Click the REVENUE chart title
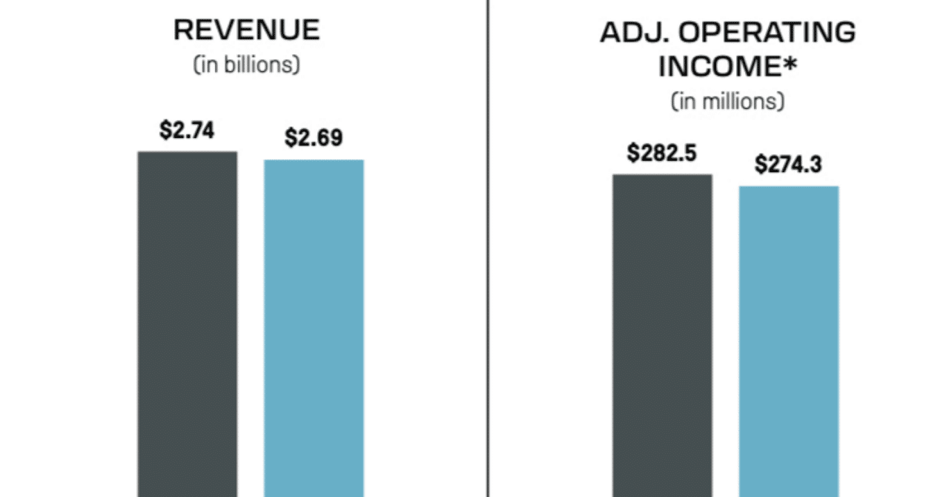pos(246,30)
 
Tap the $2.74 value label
pos(187,131)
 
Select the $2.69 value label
pos(314,138)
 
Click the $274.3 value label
pos(788,164)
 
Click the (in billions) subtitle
pos(246,65)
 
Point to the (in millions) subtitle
pos(727,101)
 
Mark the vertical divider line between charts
pos(488,249)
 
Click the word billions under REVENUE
pos(261,65)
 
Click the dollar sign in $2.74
pos(164,131)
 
